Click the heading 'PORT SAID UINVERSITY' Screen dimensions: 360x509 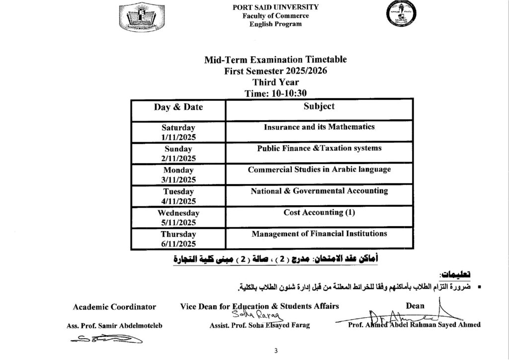pos(275,7)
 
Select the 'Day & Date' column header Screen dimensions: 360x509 pos(178,107)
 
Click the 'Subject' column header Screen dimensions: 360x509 pos(319,106)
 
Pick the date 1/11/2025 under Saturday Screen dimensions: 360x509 pos(178,137)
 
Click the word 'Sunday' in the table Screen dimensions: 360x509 pos(178,149)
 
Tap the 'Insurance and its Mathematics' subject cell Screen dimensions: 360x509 pos(319,127)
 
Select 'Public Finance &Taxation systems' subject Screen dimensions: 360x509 pos(319,148)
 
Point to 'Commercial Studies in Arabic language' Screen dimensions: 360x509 pos(319,170)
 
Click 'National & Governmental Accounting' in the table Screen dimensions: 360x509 pos(319,191)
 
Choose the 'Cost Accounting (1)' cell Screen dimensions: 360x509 pos(319,212)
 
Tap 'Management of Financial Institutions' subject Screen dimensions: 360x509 pos(319,234)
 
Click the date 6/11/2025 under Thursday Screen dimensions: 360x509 pos(178,244)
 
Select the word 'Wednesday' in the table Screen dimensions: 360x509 pos(178,213)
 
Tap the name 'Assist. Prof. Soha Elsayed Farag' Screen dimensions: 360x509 pos(260,325)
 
